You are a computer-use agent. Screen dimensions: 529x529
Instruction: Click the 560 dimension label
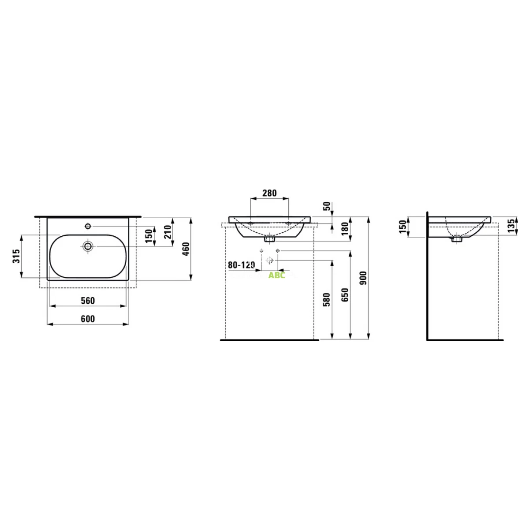88,301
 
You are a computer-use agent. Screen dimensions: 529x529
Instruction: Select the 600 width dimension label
88,319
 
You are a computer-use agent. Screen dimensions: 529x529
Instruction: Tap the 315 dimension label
16,256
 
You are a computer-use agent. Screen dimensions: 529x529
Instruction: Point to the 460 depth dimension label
186,249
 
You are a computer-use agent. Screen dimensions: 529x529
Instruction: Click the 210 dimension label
168,232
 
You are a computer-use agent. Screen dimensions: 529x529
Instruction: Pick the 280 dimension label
269,193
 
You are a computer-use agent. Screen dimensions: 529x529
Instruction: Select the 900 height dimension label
363,278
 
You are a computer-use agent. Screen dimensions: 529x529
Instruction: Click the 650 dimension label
345,295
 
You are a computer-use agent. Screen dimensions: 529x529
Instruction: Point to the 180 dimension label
345,228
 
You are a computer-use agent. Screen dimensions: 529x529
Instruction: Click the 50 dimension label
327,206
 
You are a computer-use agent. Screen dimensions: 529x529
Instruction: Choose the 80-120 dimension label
241,265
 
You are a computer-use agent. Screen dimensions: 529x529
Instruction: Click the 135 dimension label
511,225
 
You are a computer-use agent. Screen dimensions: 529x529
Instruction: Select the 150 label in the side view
402,227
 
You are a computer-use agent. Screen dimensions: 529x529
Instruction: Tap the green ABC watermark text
277,275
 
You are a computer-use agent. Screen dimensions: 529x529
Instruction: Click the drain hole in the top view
88,246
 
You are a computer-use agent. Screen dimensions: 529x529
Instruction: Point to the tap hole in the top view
88,226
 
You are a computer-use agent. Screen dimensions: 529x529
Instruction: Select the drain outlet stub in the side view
457,239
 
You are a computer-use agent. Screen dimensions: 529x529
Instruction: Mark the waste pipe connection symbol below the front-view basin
269,260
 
